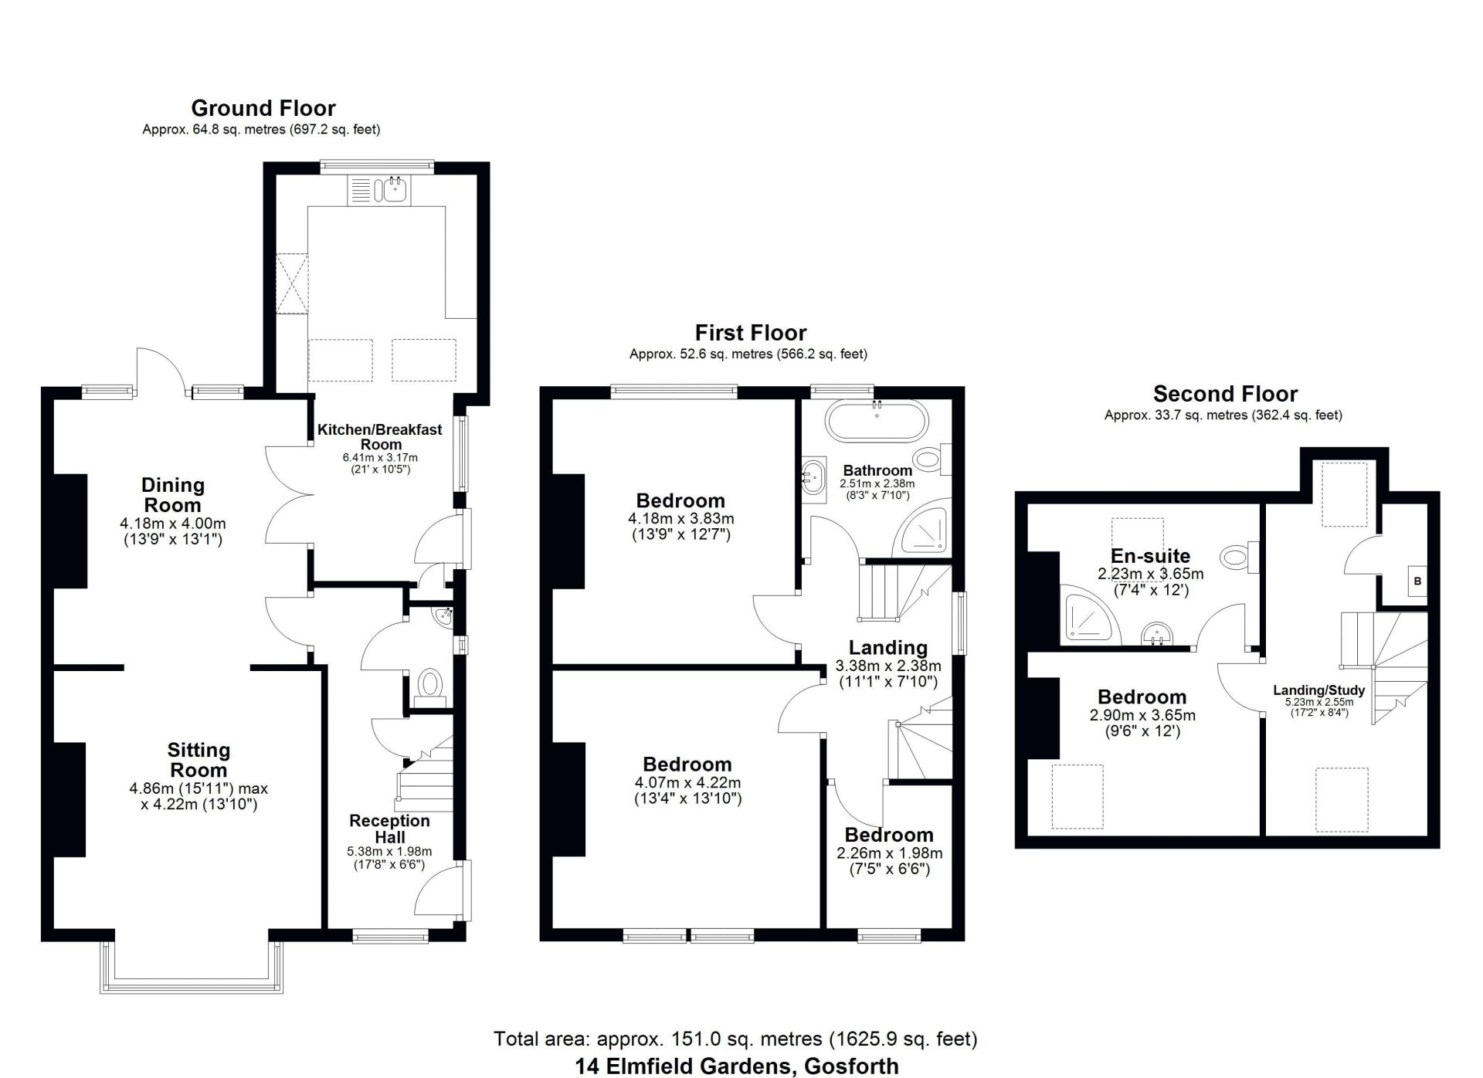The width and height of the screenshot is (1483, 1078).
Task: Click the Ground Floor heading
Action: (263, 108)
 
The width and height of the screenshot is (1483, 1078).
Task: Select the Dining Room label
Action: (172, 495)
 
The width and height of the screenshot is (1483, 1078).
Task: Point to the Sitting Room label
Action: (199, 760)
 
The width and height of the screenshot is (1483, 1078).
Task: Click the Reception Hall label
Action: (389, 829)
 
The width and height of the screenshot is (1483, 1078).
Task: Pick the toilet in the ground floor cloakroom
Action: (429, 687)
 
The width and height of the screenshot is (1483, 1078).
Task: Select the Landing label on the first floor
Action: (888, 648)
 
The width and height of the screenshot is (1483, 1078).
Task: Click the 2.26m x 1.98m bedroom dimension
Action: (889, 853)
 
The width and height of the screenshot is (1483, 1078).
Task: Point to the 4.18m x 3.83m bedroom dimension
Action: (681, 519)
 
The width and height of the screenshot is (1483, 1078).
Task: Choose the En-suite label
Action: (1150, 556)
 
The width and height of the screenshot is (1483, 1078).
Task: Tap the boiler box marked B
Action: (1417, 581)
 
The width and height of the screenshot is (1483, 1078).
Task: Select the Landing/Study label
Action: (1319, 690)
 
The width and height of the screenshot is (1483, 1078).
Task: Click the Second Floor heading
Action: (1225, 394)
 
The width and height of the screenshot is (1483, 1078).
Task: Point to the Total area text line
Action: (735, 1039)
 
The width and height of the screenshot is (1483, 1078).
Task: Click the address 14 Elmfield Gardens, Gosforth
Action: (737, 1066)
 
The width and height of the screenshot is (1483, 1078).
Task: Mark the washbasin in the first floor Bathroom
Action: (813, 476)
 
